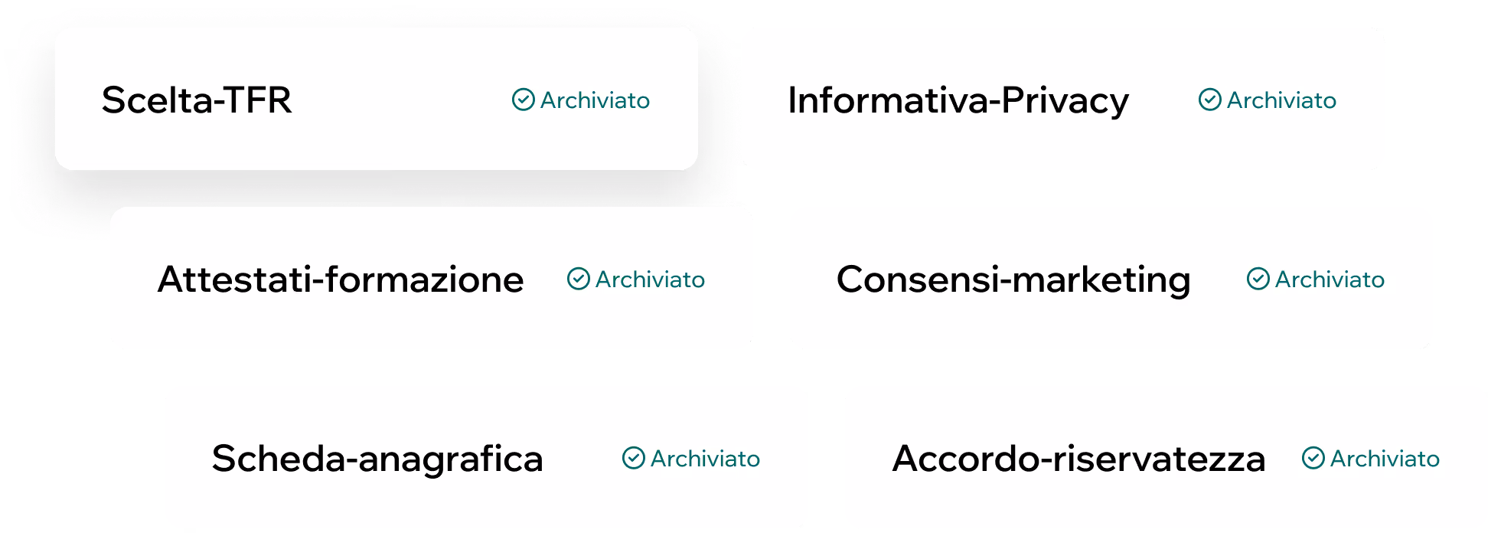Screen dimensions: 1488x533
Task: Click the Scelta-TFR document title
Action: click(x=196, y=100)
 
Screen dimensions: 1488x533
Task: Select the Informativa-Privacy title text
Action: click(x=958, y=100)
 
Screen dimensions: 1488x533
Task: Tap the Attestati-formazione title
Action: click(x=341, y=280)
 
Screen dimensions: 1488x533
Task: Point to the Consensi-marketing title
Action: click(x=1013, y=280)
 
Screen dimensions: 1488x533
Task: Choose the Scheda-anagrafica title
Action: click(x=377, y=459)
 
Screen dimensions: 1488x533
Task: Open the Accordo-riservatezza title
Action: click(x=1078, y=459)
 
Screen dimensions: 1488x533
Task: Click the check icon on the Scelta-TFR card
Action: click(x=523, y=100)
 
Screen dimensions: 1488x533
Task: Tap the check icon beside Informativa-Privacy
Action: click(x=1209, y=100)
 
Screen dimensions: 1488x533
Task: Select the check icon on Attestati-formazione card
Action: click(x=578, y=279)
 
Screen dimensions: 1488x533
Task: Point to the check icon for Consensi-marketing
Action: click(x=1258, y=279)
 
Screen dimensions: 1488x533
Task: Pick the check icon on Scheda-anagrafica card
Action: click(x=633, y=458)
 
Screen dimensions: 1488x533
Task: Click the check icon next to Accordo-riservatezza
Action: click(x=1313, y=458)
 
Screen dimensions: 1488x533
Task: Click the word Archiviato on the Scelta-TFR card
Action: click(x=595, y=100)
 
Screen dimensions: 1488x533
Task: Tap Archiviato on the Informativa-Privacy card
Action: click(x=1281, y=100)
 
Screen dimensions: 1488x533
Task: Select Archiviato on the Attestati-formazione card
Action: click(x=650, y=280)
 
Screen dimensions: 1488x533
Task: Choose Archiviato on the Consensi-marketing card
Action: click(x=1330, y=280)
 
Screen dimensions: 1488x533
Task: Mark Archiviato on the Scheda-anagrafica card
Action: click(x=705, y=459)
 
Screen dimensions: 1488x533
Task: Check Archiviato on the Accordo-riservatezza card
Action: click(x=1385, y=459)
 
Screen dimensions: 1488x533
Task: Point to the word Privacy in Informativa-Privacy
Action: click(x=1065, y=100)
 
